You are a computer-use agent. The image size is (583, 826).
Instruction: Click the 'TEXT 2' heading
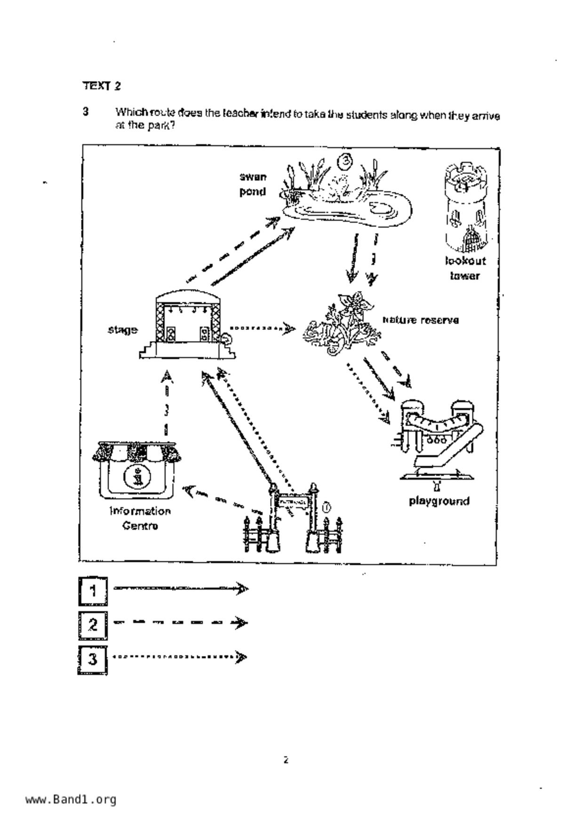coord(102,86)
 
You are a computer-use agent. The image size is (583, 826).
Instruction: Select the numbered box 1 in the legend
coord(93,591)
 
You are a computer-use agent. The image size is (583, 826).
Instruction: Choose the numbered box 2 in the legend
coord(93,625)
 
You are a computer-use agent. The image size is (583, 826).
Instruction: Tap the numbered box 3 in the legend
coord(93,659)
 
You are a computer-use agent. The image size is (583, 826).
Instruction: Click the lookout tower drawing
coord(466,207)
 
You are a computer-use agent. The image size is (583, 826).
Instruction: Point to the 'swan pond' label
coord(253,184)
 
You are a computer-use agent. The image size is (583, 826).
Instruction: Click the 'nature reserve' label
coord(420,320)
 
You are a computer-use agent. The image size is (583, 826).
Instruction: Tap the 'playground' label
coord(439,501)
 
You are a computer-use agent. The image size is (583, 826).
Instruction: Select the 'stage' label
coord(122,330)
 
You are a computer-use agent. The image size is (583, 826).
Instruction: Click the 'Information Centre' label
coord(140,518)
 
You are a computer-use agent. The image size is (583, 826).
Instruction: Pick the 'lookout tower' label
coord(465,268)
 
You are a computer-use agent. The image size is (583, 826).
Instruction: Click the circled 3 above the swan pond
coord(345,161)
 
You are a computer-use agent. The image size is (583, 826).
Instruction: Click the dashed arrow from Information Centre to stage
coord(166,403)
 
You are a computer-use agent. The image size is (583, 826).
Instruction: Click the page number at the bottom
coord(285,760)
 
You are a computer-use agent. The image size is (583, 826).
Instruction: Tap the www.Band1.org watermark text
coord(71,799)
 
